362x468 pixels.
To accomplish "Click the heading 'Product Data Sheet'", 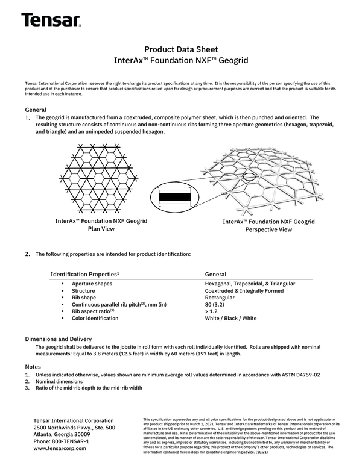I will point(181,49).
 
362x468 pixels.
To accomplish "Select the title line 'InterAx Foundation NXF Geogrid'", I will point(181,61).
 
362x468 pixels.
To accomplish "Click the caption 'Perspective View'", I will point(268,229).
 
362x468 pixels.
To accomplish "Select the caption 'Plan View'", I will point(101,229).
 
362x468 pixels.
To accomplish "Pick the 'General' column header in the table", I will point(216,274).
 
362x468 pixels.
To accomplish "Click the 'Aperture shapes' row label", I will point(92,284).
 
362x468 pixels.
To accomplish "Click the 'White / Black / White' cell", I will point(230,319).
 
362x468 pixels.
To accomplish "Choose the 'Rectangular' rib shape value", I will point(220,298).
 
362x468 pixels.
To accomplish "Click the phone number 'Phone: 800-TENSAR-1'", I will point(62,441).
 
